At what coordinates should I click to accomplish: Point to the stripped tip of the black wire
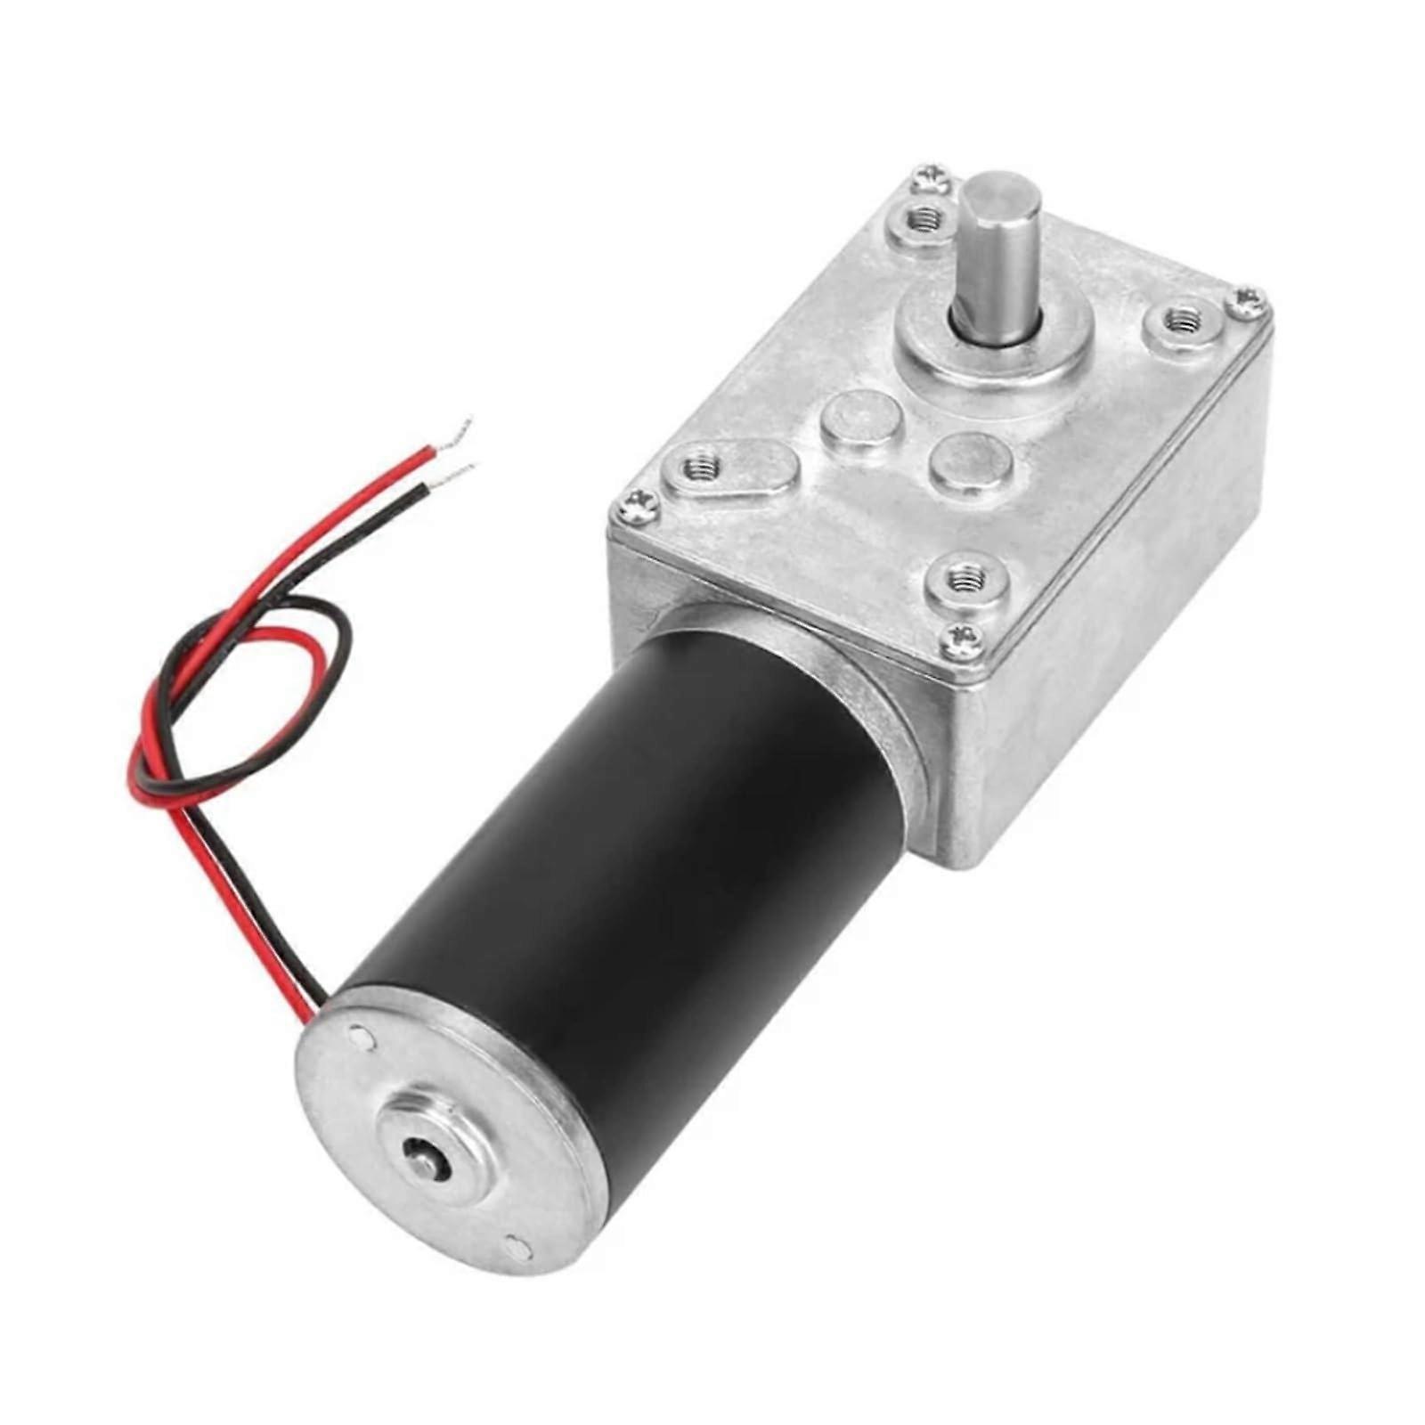(463, 468)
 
